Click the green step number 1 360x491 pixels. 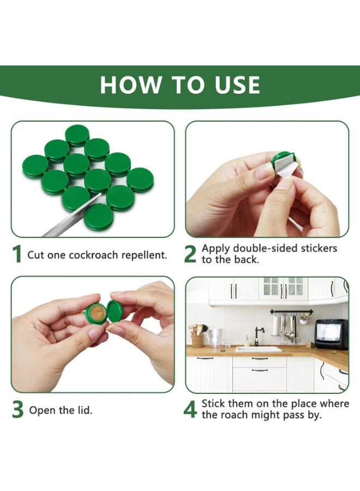tap(17, 254)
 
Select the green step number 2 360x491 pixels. tap(190, 254)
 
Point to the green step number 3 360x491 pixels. tap(17, 411)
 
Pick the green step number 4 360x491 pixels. tap(190, 410)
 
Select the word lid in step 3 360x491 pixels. tap(85, 410)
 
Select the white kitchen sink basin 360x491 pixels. tap(259, 349)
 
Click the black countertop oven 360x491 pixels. tap(331, 334)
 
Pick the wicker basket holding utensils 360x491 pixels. tap(197, 340)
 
